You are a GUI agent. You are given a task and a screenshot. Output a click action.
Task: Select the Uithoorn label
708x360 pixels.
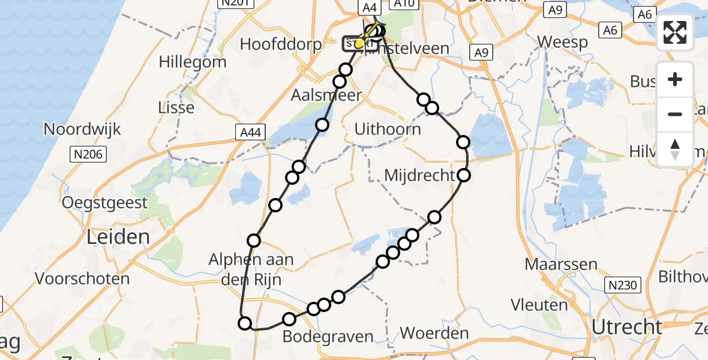point(388,128)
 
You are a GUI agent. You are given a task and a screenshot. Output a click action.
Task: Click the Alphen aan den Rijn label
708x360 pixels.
point(251,269)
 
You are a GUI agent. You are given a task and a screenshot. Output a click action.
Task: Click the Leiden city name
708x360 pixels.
point(118,236)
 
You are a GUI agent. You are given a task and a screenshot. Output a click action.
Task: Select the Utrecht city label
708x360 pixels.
point(626,327)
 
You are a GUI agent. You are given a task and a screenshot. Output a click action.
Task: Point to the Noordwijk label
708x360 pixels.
point(82,129)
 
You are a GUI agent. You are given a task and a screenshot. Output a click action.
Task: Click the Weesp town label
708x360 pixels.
point(562,42)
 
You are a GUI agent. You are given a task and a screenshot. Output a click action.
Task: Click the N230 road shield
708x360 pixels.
point(622,285)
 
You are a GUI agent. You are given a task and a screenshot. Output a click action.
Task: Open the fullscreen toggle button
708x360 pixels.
point(675,32)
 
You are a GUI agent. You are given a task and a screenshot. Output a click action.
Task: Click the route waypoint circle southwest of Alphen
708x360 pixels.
point(245,324)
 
